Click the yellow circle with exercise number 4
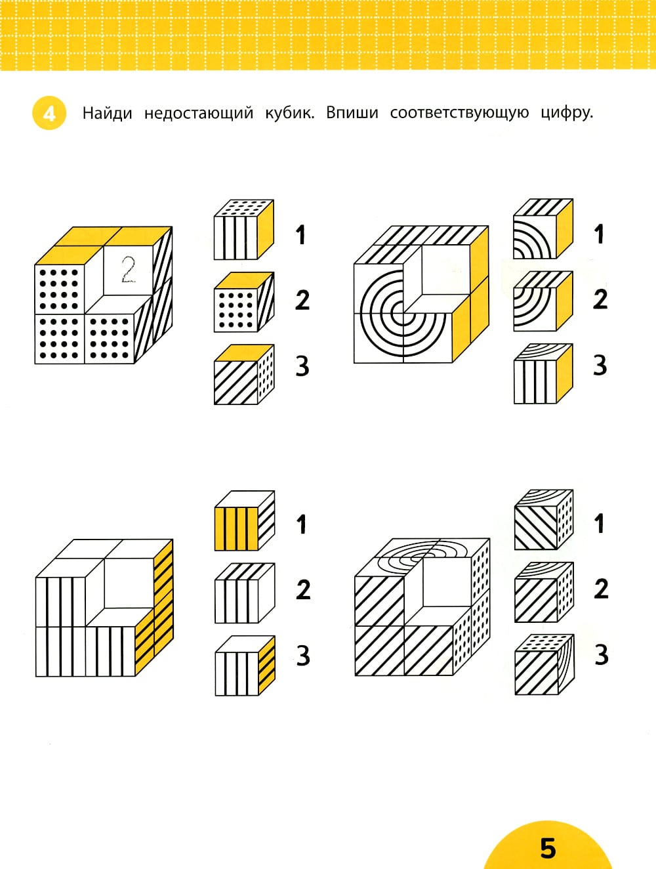pyautogui.click(x=49, y=113)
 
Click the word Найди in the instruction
pyautogui.click(x=107, y=114)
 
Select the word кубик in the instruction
pyautogui.click(x=289, y=114)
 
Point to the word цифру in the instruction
pyautogui.click(x=567, y=114)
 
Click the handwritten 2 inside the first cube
pyautogui.click(x=129, y=270)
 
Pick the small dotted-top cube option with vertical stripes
pyautogui.click(x=244, y=230)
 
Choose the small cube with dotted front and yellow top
pyautogui.click(x=244, y=302)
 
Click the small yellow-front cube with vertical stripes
pyautogui.click(x=245, y=520)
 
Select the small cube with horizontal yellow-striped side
pyautogui.click(x=245, y=666)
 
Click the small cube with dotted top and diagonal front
pyautogui.click(x=544, y=665)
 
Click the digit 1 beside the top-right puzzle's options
pyautogui.click(x=599, y=234)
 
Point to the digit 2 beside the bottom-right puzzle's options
pyautogui.click(x=601, y=589)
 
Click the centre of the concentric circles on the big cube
pyautogui.click(x=403, y=314)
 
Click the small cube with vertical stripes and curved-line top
pyautogui.click(x=543, y=373)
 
